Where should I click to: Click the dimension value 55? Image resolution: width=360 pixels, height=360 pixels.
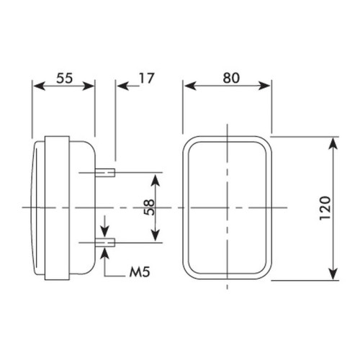click(64, 78)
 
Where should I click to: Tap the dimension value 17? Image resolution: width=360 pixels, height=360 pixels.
click(146, 78)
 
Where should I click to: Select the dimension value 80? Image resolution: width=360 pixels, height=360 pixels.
click(231, 78)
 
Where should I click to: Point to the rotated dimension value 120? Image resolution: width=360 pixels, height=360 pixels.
click(325, 208)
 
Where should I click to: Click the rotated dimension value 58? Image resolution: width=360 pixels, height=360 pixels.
click(149, 207)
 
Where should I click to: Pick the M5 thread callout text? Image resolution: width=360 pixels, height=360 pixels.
click(140, 272)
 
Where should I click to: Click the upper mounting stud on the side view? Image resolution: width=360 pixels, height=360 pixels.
click(105, 172)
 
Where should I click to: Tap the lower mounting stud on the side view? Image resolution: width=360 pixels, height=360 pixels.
click(105, 243)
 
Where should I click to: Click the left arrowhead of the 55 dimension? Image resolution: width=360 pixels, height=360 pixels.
click(39, 86)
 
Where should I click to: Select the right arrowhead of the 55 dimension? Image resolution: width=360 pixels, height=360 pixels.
click(88, 86)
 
